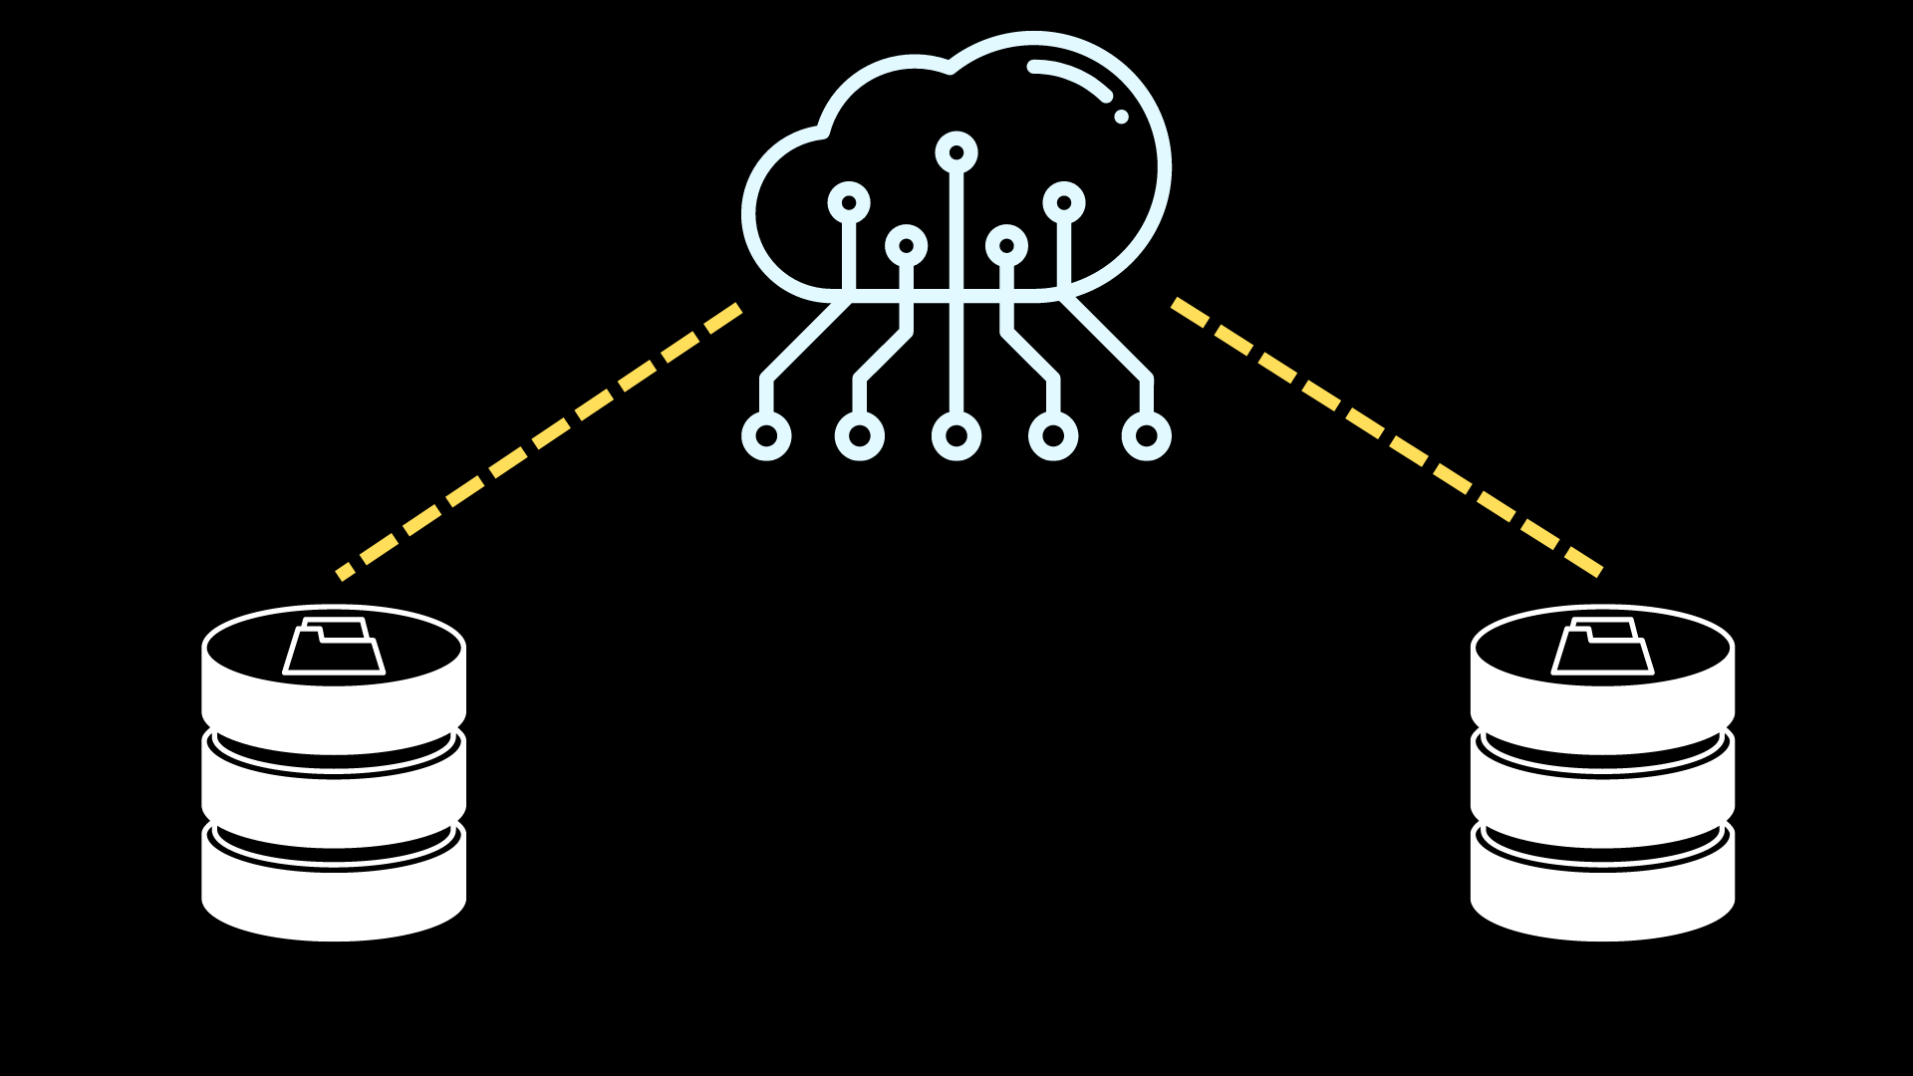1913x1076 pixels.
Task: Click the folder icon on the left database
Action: [x=334, y=648]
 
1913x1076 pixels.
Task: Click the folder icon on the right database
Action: [x=1602, y=648]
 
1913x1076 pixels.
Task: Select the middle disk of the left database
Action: [x=334, y=797]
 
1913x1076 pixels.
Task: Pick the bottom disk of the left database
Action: [x=334, y=897]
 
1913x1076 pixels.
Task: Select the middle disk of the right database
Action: [x=1602, y=797]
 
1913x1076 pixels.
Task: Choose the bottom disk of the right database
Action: [x=1602, y=897]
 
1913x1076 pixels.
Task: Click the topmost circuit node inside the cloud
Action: [x=956, y=152]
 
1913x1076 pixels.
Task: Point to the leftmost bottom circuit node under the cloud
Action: [x=766, y=436]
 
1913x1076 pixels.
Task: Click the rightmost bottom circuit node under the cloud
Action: [x=1147, y=436]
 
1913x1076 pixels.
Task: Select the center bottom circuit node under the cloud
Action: [x=956, y=436]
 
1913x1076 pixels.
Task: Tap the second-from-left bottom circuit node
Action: [x=860, y=436]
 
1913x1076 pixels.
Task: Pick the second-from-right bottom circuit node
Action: [x=1053, y=436]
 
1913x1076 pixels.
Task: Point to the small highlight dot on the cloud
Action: [x=1121, y=117]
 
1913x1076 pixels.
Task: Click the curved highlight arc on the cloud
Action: [x=1072, y=76]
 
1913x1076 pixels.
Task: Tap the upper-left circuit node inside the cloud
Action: [x=849, y=203]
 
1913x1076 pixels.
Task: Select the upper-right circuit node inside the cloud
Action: [x=1064, y=203]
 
